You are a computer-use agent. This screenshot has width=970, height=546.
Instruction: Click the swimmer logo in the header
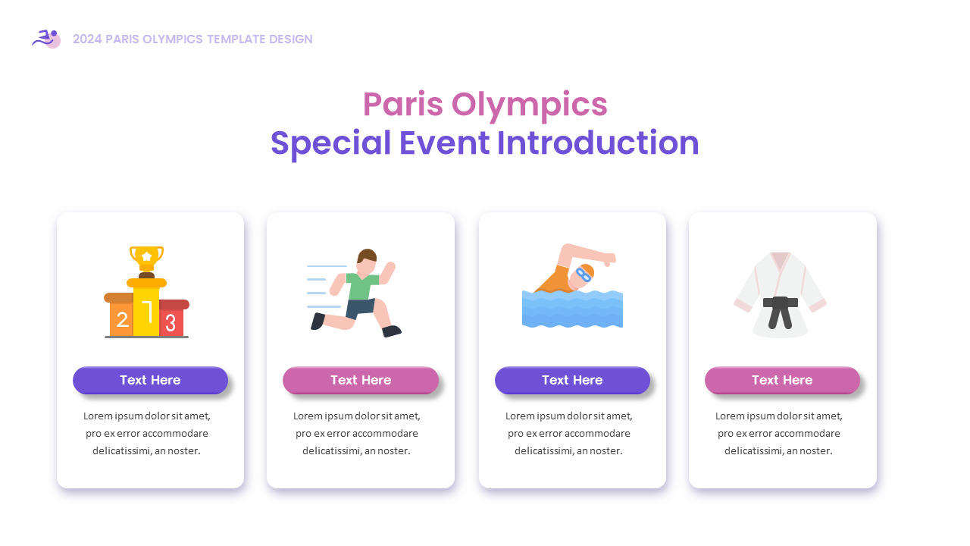pyautogui.click(x=46, y=38)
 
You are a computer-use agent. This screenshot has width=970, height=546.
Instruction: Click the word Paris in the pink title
pyautogui.click(x=402, y=105)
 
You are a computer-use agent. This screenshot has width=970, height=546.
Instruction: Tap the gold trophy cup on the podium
pyautogui.click(x=146, y=256)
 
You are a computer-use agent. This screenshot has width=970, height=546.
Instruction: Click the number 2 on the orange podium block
pyautogui.click(x=121, y=321)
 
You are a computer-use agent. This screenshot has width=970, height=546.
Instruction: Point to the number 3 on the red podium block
pyautogui.click(x=171, y=323)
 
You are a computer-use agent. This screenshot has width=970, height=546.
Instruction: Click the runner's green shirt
pyautogui.click(x=361, y=287)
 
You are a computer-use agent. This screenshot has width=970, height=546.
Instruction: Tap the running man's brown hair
pyautogui.click(x=367, y=255)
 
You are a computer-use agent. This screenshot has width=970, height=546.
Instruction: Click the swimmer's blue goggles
pyautogui.click(x=582, y=274)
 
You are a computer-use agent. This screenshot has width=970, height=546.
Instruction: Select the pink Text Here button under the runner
pyautogui.click(x=361, y=380)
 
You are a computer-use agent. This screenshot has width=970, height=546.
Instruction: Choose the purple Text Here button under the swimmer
pyautogui.click(x=572, y=380)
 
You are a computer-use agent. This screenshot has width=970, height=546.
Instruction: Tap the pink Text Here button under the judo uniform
pyautogui.click(x=782, y=380)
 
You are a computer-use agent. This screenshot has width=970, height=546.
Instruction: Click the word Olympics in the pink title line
pyautogui.click(x=530, y=105)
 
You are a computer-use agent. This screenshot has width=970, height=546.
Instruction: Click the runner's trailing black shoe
pyautogui.click(x=318, y=322)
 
